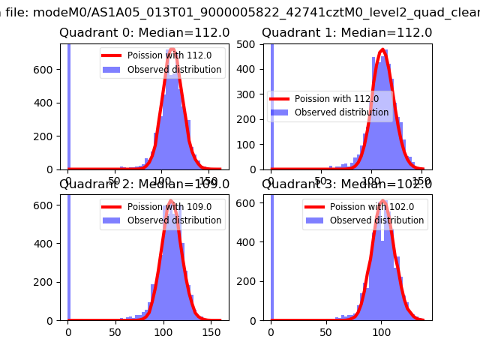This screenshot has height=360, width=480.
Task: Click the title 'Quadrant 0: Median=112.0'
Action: pos(144,33)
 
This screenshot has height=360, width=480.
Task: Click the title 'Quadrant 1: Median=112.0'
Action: pos(346,33)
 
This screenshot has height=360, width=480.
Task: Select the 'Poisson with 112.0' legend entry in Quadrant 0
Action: pos(161,55)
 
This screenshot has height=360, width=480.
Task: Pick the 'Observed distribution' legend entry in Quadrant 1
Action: pos(330,112)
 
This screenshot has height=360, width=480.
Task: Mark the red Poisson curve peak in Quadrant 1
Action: pos(383,50)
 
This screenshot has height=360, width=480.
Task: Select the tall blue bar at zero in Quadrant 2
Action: pos(68,255)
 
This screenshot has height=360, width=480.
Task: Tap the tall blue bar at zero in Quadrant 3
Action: pos(271,255)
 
